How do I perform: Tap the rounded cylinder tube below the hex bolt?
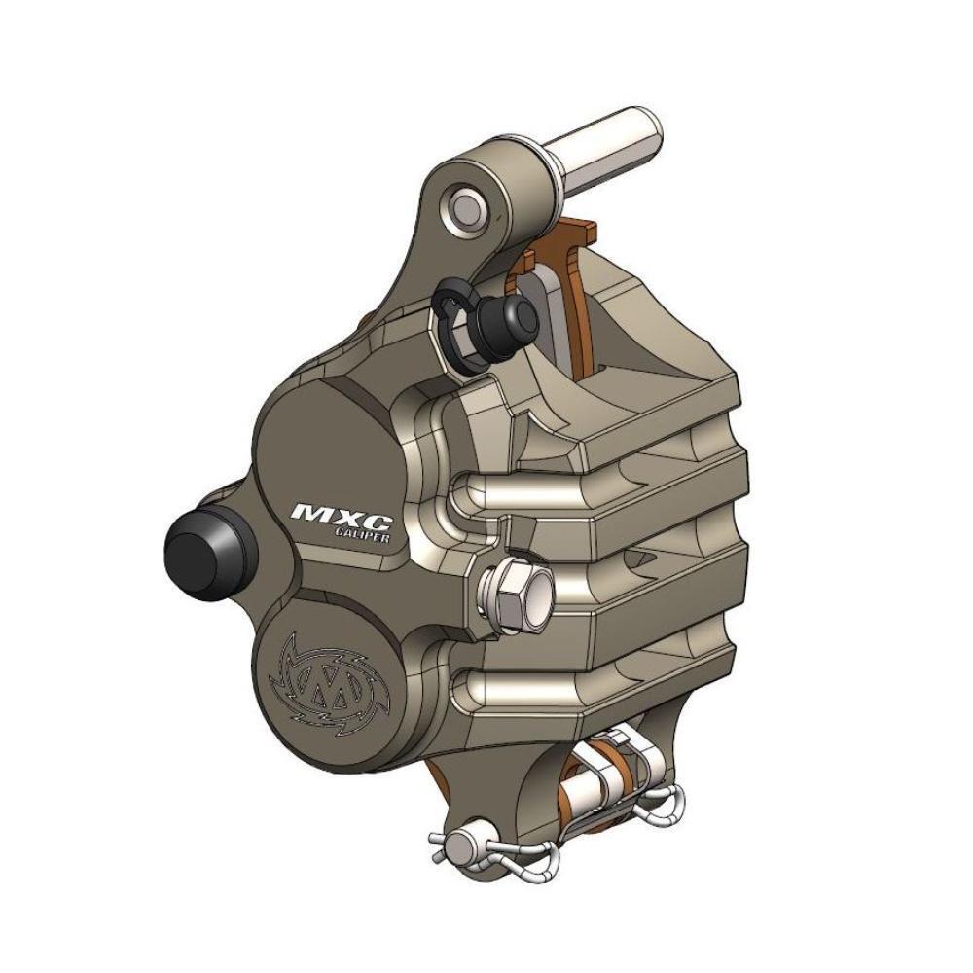pos(584,681)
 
